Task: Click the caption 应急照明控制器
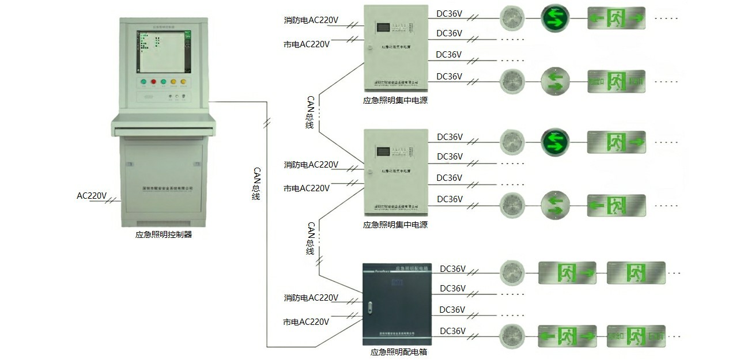click(163, 234)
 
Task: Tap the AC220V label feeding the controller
click(92, 196)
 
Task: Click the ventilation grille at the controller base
click(163, 222)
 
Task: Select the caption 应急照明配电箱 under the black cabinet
click(398, 352)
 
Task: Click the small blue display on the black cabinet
click(396, 281)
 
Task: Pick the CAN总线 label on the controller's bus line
click(256, 184)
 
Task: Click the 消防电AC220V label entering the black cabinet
click(311, 298)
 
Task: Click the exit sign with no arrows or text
click(636, 272)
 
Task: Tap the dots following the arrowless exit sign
click(674, 272)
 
